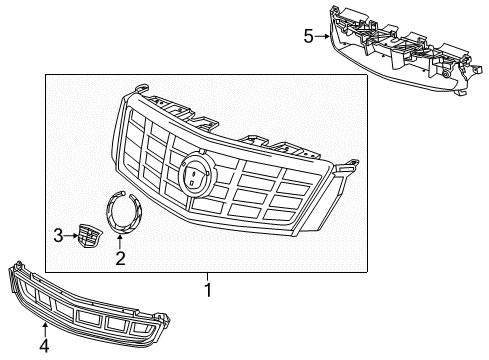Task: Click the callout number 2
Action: click(120, 258)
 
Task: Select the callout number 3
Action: click(58, 235)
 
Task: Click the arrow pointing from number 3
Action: click(72, 235)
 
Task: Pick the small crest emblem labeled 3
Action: click(90, 236)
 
